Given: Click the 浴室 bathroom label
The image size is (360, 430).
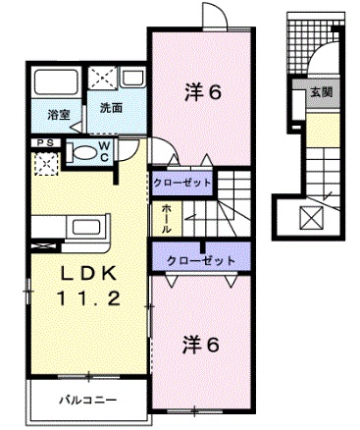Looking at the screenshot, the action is (59, 115).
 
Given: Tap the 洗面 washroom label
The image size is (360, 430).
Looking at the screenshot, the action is (111, 108).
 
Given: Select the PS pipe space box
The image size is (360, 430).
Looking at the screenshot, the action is (46, 143).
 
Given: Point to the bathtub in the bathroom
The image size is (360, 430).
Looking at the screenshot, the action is (56, 81).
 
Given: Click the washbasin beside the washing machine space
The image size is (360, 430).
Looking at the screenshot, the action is (132, 79).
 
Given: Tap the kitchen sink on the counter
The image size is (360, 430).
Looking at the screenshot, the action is (86, 227).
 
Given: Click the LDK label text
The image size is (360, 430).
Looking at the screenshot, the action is (89, 274).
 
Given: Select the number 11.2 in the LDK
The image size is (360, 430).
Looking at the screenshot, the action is (89, 298).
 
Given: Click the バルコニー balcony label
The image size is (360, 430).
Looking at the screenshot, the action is (88, 400).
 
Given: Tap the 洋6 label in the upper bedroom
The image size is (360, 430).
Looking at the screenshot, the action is (203, 92).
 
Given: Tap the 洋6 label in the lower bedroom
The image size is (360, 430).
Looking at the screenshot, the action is (200, 345).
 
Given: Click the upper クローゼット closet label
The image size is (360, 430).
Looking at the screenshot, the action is (182, 183).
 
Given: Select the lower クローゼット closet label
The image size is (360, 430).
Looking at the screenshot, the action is (201, 261).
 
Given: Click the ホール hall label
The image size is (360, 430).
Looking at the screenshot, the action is (166, 218).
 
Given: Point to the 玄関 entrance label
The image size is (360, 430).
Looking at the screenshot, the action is (322, 92).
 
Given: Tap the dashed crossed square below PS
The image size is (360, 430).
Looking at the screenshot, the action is (46, 163).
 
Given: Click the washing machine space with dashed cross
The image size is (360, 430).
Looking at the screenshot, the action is (103, 78).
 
